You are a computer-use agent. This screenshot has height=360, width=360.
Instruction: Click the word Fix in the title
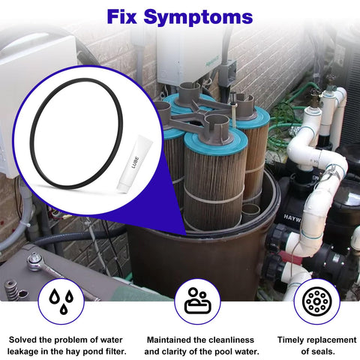click(121, 16)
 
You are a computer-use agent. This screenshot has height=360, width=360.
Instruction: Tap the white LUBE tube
click(133, 164)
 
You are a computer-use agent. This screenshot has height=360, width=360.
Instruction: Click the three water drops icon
click(61, 301)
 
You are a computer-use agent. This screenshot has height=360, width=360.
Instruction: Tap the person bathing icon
click(198, 301)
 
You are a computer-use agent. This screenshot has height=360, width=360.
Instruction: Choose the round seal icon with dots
click(316, 301)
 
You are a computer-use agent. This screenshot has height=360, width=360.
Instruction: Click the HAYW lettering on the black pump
click(292, 218)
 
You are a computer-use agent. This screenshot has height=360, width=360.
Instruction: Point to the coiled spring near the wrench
click(11, 291)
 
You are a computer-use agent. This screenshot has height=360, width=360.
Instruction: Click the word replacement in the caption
click(332, 340)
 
